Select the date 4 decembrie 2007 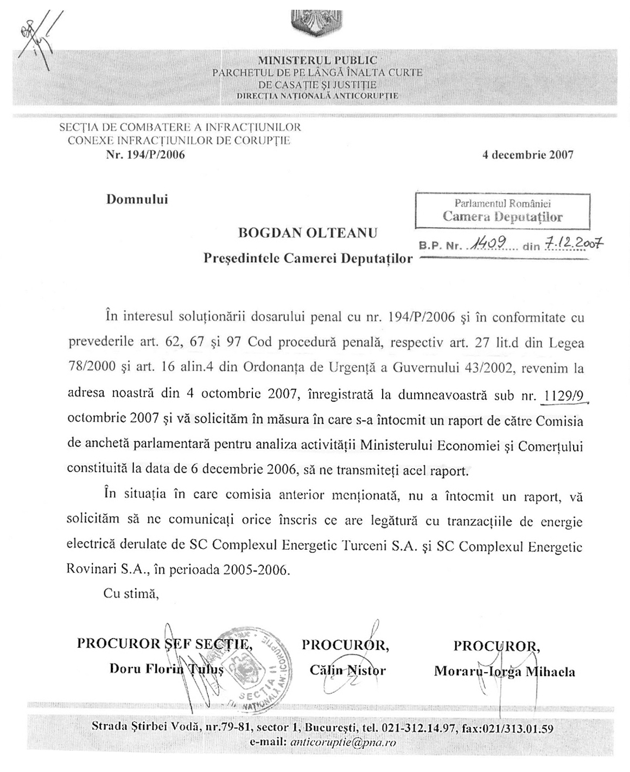point(527,155)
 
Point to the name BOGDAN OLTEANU point(308,234)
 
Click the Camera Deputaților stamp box point(502,211)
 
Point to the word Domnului point(137,199)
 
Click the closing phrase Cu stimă point(131,594)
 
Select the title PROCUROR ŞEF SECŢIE point(165,644)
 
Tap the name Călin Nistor point(347,670)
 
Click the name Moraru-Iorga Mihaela point(504,671)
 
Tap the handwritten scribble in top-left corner point(37,37)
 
